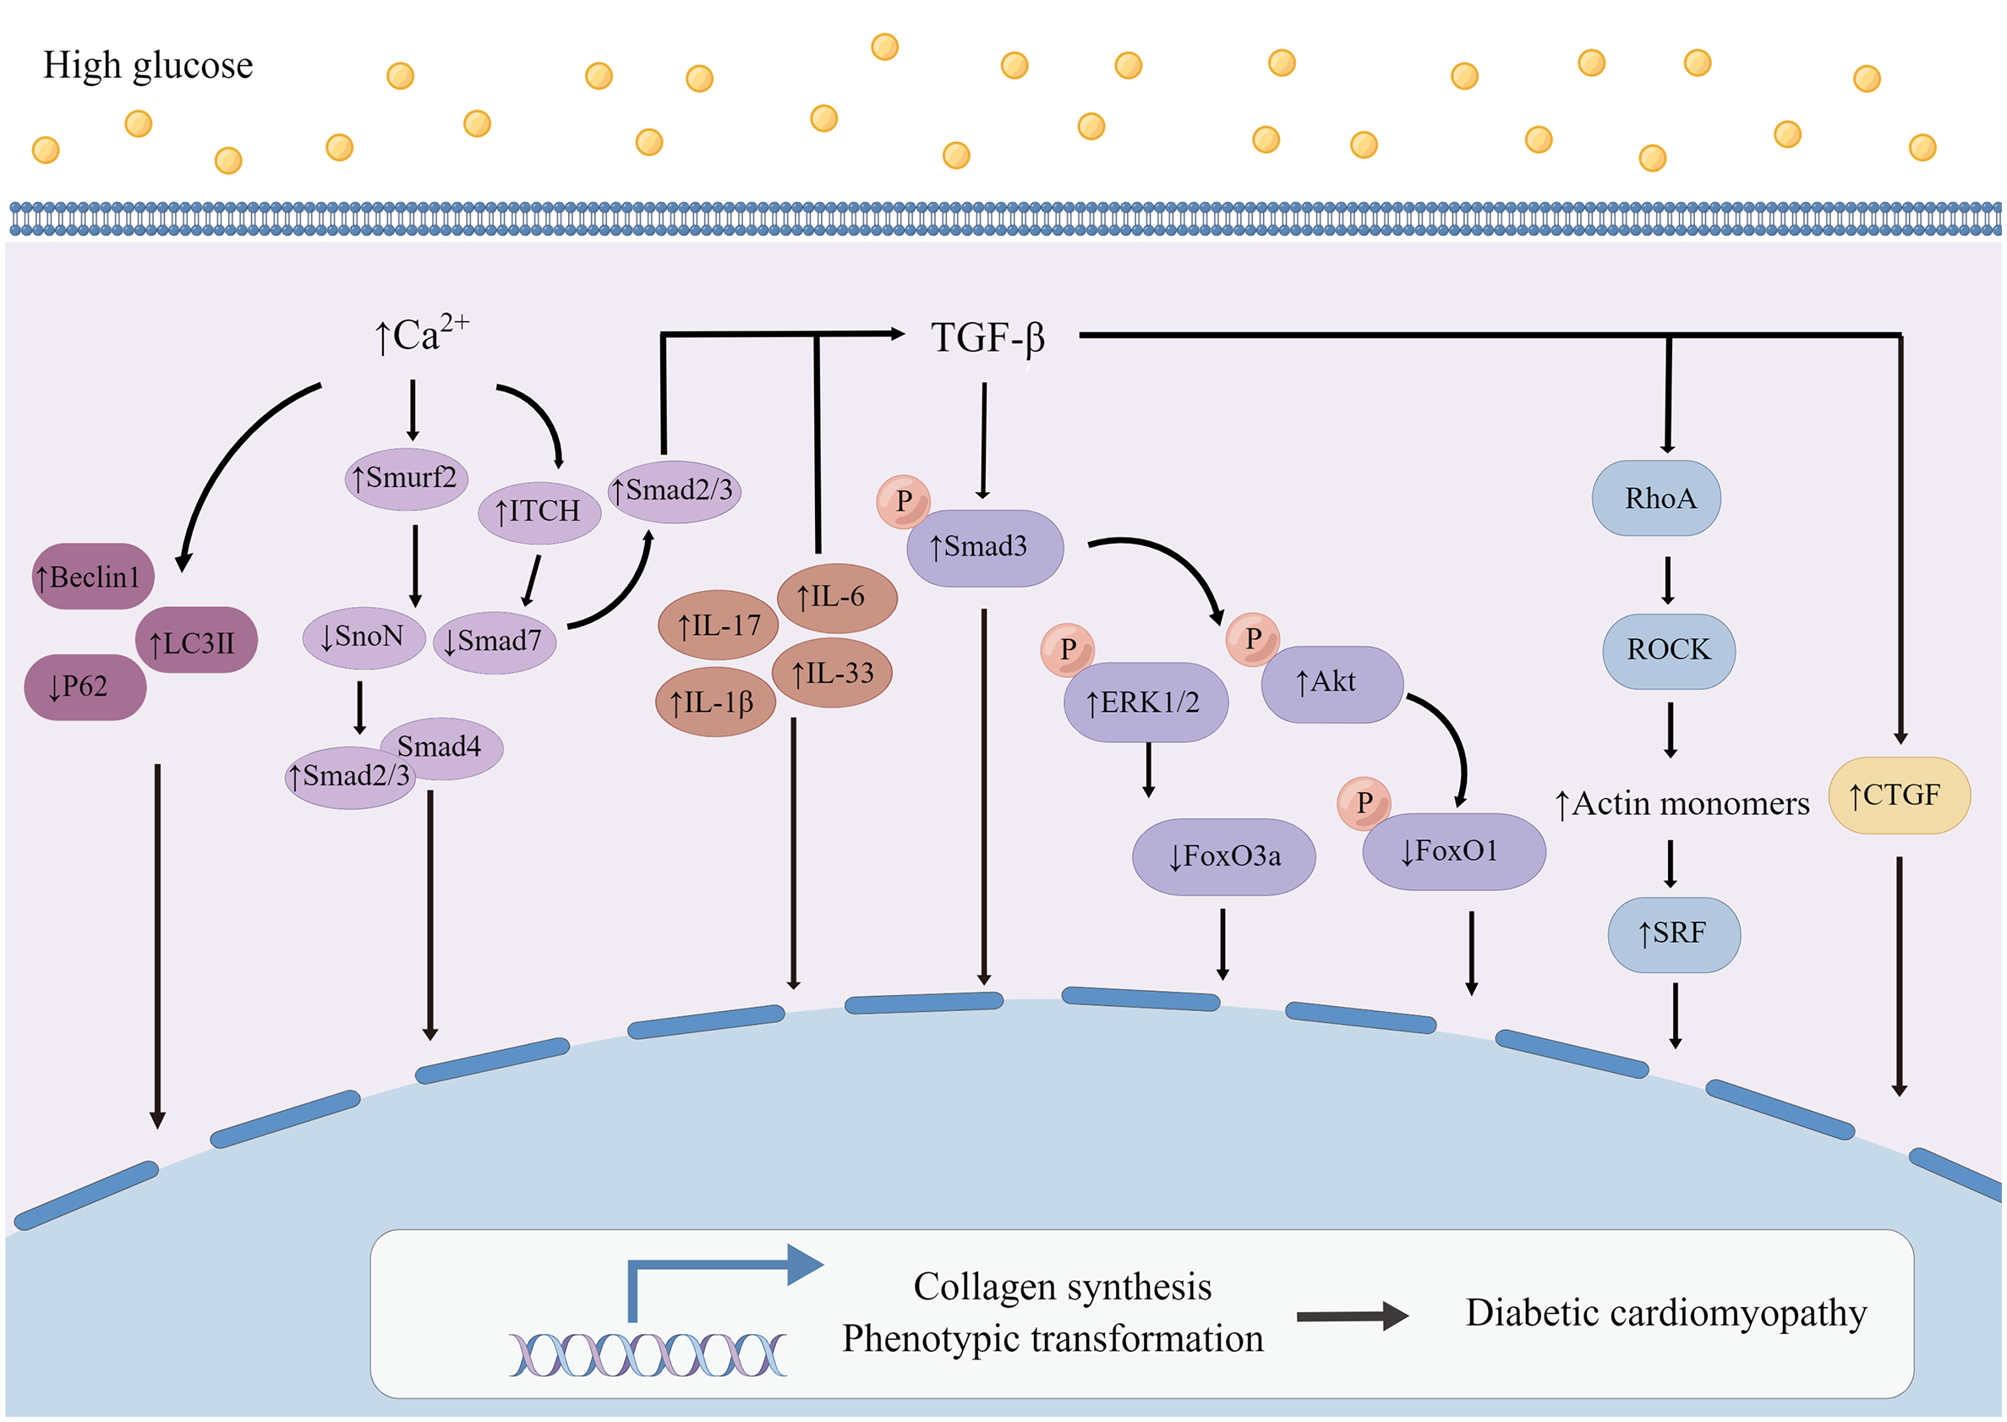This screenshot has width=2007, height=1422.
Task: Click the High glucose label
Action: pyautogui.click(x=148, y=66)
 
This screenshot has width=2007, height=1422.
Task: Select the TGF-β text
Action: pyautogui.click(x=987, y=338)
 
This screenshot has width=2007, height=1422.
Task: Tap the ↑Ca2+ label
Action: pyautogui.click(x=420, y=335)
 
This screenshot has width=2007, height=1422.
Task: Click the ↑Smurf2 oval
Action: pyautogui.click(x=406, y=479)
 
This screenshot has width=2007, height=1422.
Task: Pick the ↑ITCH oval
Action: pyautogui.click(x=539, y=511)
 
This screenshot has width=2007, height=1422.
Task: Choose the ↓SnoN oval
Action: pyautogui.click(x=363, y=637)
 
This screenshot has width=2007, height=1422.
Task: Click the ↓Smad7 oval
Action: pyautogui.click(x=494, y=642)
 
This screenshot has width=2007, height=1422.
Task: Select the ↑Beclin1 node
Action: pyautogui.click(x=92, y=577)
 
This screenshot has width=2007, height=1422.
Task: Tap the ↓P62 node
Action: pyautogui.click(x=84, y=686)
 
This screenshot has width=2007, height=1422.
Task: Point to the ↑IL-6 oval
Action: pyautogui.click(x=836, y=597)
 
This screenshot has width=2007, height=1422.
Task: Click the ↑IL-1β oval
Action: pyautogui.click(x=714, y=703)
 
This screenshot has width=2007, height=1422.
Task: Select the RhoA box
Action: pyautogui.click(x=1657, y=498)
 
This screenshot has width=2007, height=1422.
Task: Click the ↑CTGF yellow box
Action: pyautogui.click(x=1898, y=795)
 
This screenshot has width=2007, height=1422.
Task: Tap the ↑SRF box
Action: pyautogui.click(x=1673, y=933)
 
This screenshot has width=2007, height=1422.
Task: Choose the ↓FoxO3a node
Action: pyautogui.click(x=1223, y=856)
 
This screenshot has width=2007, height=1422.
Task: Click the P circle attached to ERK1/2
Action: pyautogui.click(x=1067, y=648)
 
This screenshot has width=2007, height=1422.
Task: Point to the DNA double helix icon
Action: pyautogui.click(x=648, y=1354)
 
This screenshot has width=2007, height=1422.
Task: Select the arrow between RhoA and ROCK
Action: pyautogui.click(x=1667, y=579)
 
